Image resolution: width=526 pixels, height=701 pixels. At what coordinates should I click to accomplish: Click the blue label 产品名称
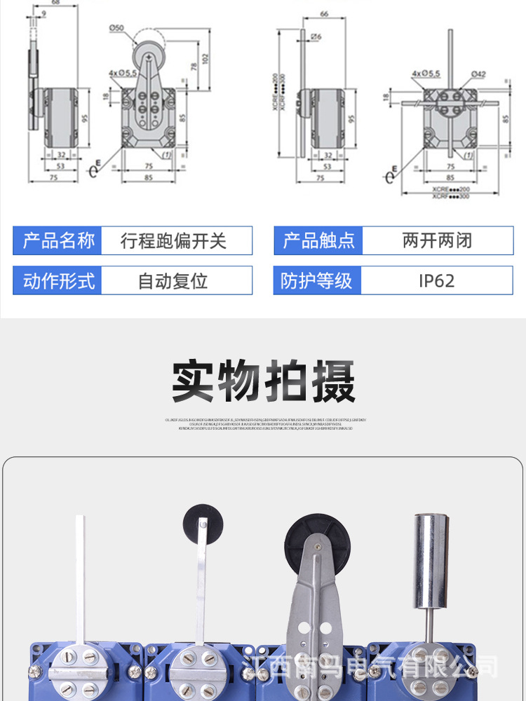(x=58, y=241)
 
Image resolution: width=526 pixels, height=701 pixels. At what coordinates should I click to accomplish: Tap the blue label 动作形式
(x=58, y=281)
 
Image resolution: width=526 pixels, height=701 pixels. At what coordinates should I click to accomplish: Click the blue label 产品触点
(x=319, y=241)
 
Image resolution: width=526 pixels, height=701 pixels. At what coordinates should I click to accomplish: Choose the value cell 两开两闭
(x=437, y=241)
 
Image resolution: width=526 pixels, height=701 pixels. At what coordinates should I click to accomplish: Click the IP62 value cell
(x=437, y=281)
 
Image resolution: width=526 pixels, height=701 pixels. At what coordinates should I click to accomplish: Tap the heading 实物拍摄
(x=263, y=382)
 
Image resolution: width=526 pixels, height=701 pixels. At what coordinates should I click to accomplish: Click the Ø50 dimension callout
(x=116, y=27)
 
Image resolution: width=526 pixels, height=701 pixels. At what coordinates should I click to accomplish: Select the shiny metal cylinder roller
(x=431, y=560)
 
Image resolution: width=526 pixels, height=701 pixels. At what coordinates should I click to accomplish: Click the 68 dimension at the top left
(x=55, y=3)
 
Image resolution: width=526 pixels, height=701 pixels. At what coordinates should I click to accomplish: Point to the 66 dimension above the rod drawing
(x=324, y=14)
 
